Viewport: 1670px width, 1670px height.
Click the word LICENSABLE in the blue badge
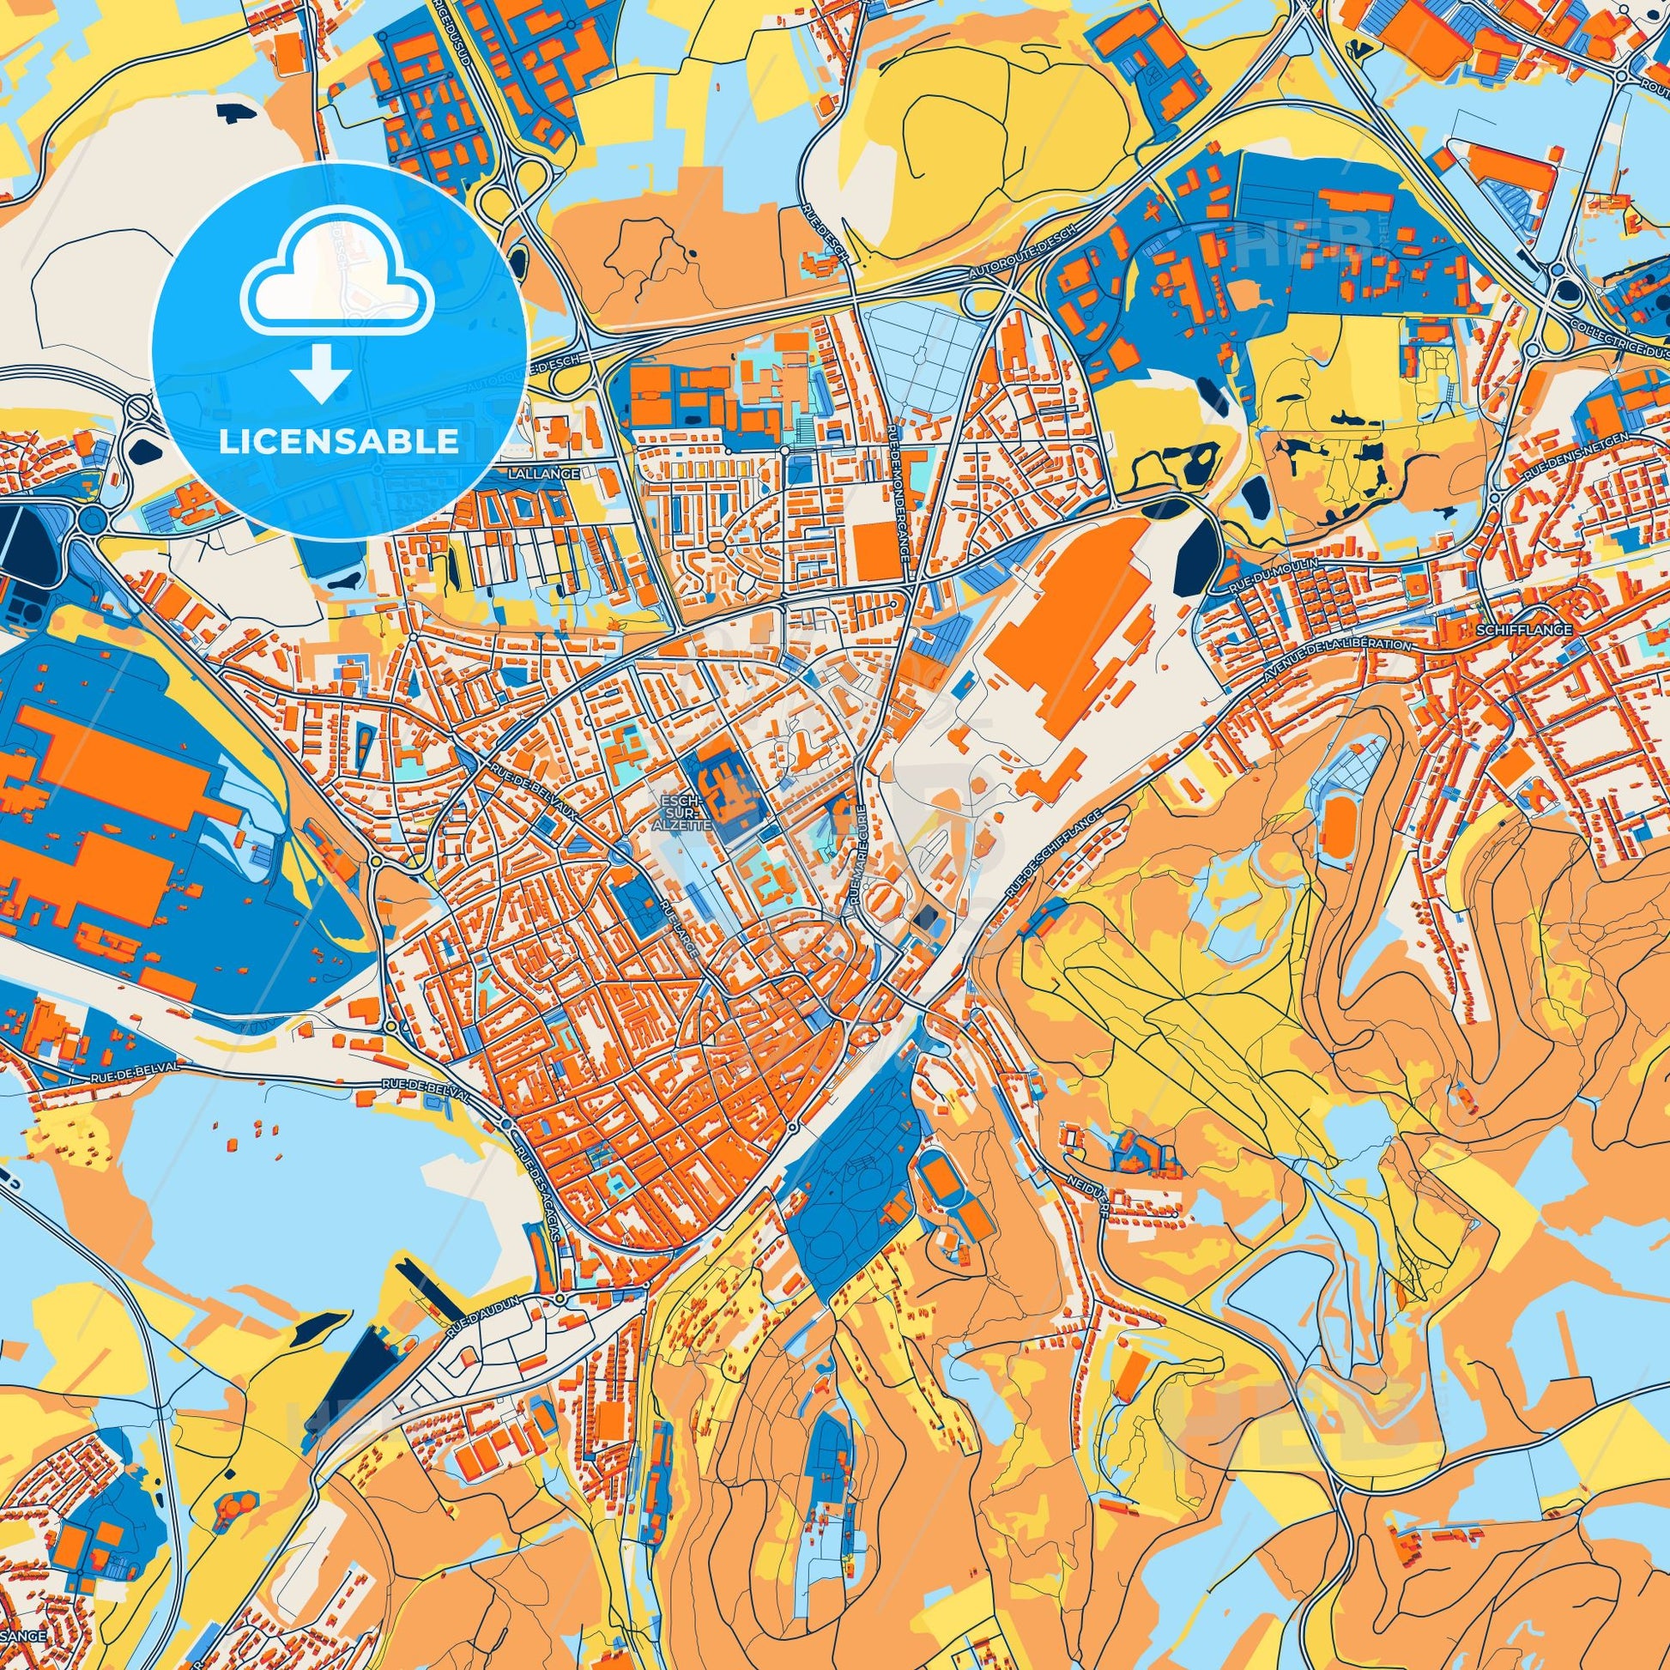[339, 442]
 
